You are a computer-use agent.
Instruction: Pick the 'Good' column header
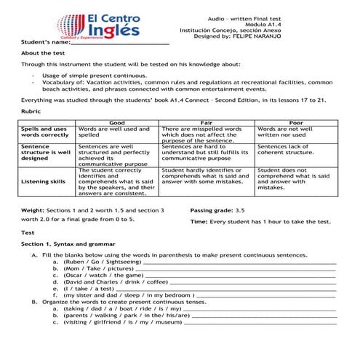(x=117, y=122)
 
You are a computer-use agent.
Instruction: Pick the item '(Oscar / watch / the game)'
(x=104, y=276)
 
